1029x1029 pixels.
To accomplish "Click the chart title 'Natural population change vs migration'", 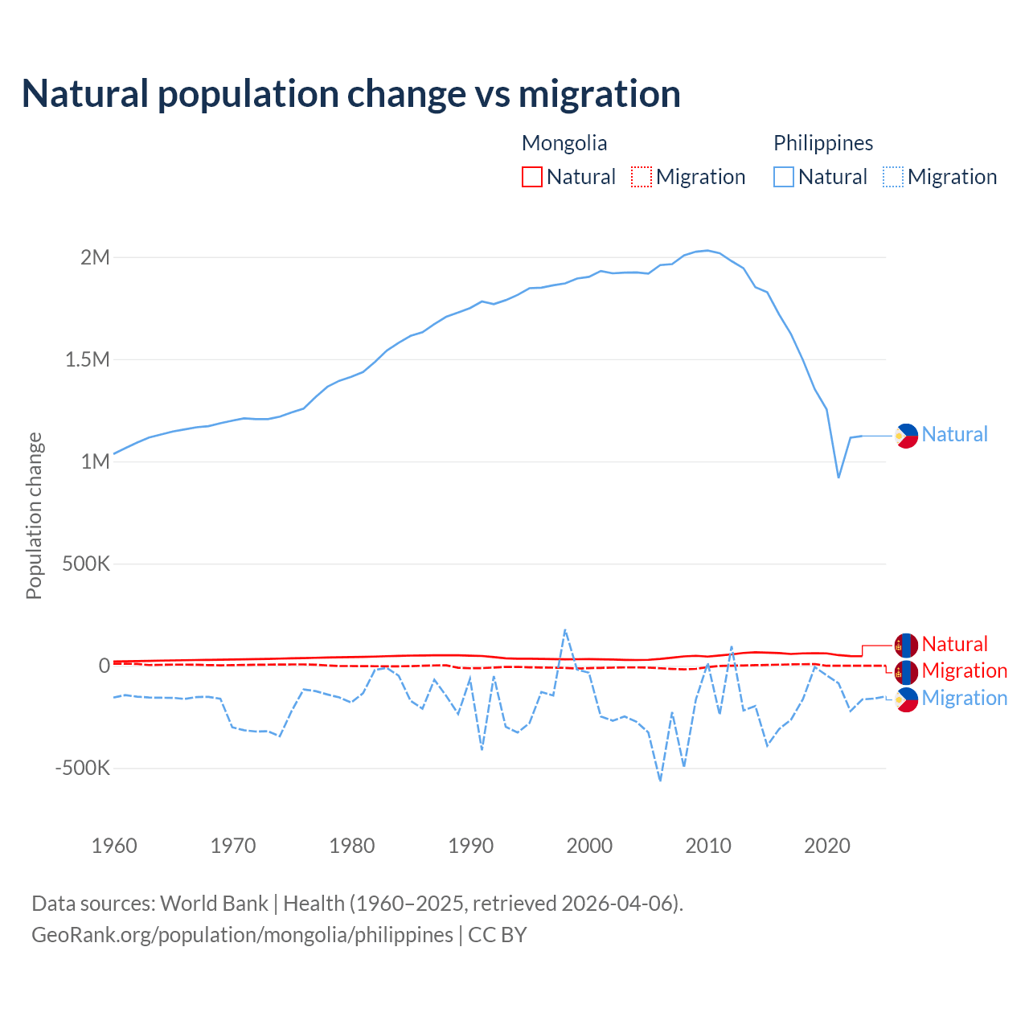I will pos(351,94).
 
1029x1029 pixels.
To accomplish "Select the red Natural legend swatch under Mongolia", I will pos(532,177).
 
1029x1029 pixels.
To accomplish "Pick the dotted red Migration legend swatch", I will pos(642,177).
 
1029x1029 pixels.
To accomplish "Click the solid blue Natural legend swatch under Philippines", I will pos(784,177).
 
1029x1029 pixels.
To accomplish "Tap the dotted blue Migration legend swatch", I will pos(893,177).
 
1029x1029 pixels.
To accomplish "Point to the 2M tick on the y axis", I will pos(95,257).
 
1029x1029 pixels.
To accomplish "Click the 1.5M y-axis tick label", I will pos(87,359).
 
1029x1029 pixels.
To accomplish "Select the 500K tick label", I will pos(86,564).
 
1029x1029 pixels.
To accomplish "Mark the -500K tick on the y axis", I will pos(82,768).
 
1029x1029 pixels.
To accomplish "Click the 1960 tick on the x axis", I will pos(114,846).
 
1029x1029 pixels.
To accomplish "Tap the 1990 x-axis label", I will pos(471,846).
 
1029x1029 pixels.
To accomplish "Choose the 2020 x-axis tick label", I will pos(827,846).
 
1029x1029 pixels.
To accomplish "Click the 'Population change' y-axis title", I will pos(34,515).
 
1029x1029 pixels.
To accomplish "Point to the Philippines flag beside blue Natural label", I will pos(906,436).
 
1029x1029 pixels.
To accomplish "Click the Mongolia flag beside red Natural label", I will pos(906,645).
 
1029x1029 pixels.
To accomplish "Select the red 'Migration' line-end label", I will pos(964,670).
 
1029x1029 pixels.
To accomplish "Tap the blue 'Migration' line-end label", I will pos(964,698).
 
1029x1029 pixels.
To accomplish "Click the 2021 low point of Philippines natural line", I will pos(838,478).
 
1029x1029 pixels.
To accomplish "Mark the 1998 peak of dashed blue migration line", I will pos(565,629).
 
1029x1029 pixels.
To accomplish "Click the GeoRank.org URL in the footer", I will pos(242,935).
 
